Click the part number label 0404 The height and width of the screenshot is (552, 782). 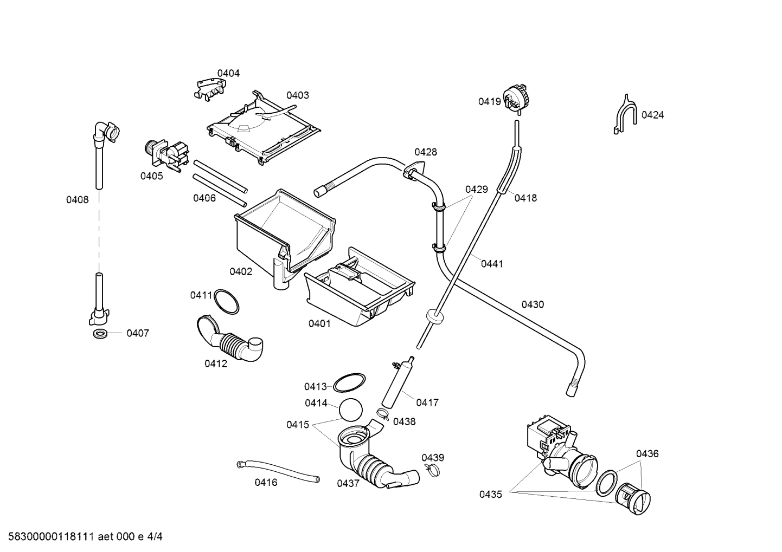click(x=228, y=73)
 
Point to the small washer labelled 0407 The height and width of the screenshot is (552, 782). click(x=100, y=333)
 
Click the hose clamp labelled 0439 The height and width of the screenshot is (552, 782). click(x=432, y=469)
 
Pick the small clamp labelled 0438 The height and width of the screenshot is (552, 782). click(x=383, y=415)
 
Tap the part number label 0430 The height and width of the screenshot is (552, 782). click(x=533, y=304)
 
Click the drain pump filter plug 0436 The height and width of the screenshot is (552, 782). click(x=633, y=496)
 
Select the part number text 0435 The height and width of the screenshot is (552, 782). click(x=490, y=494)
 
